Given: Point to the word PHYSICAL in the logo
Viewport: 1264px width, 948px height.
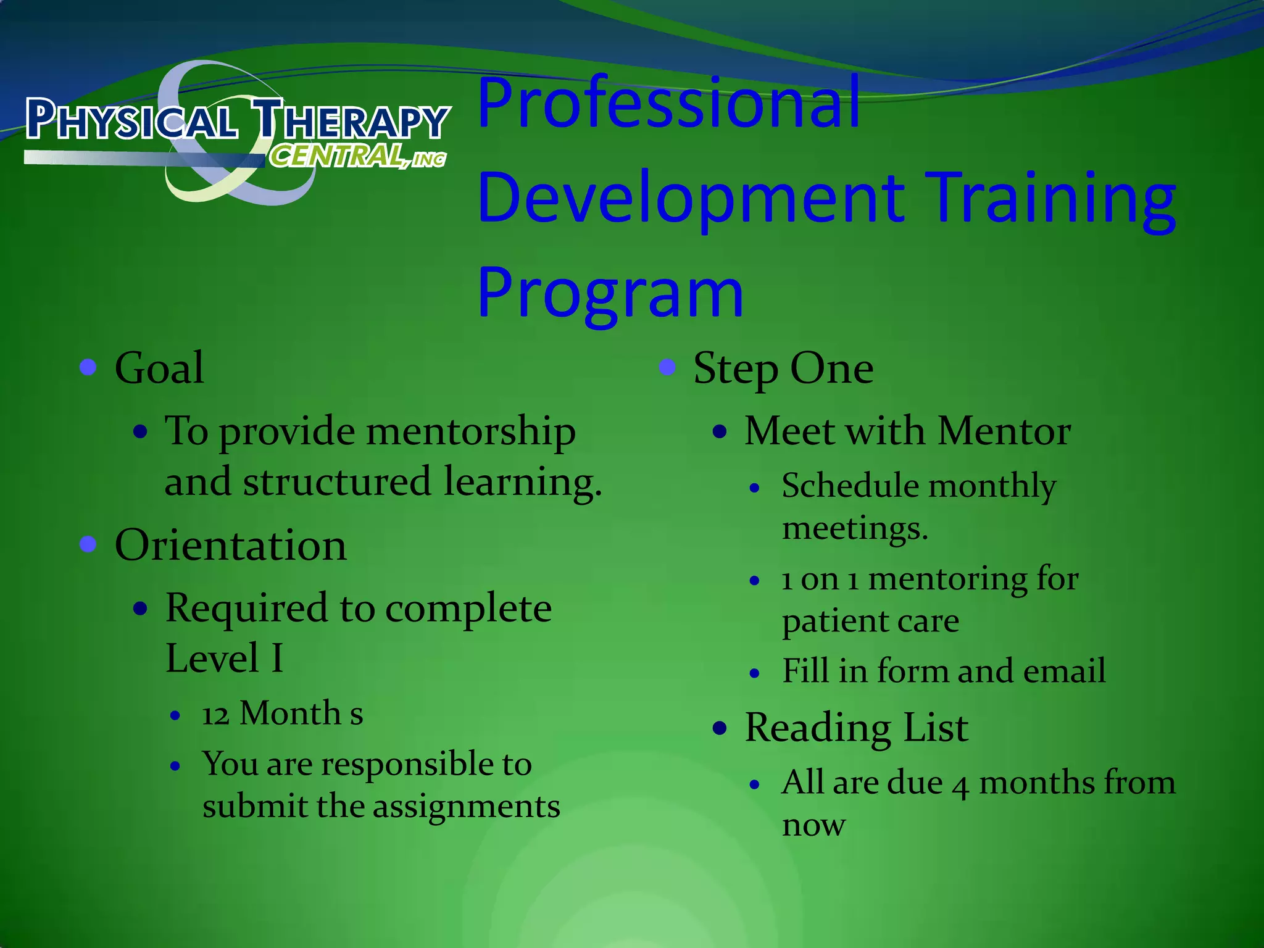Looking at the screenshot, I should click(x=131, y=120).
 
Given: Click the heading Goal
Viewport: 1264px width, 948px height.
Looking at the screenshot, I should click(x=159, y=368).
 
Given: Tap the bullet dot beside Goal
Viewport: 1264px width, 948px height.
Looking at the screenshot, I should click(x=89, y=367).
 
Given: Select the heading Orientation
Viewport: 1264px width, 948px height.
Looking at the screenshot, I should click(x=231, y=546).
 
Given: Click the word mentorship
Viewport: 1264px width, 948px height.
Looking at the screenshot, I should click(x=471, y=431).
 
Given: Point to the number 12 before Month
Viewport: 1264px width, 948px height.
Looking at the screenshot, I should click(x=215, y=715).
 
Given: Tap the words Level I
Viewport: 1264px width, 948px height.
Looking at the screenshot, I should click(x=225, y=658).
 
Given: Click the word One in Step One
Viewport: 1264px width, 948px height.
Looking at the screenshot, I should click(x=831, y=368).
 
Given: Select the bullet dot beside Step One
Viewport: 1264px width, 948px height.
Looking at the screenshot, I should click(x=667, y=367).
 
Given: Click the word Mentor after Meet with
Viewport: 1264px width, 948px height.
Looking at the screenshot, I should click(x=1004, y=431).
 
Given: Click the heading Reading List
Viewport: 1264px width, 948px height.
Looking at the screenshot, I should click(x=856, y=728).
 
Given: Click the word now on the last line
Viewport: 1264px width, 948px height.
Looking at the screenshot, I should click(x=813, y=826).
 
